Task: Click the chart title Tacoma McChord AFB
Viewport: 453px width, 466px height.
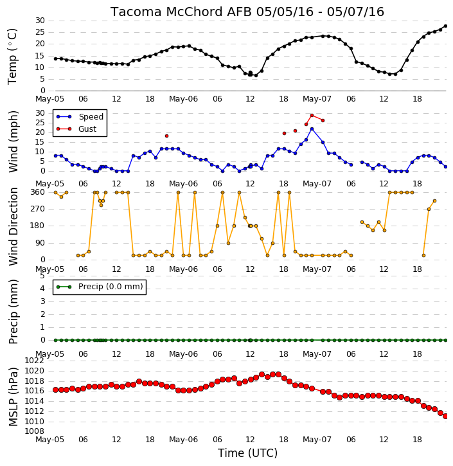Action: pyautogui.click(x=181, y=12)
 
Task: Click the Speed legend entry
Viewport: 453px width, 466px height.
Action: pyautogui.click(x=80, y=117)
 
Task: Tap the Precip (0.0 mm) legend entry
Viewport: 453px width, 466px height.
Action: pyautogui.click(x=100, y=287)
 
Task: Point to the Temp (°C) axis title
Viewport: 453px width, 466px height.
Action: pyautogui.click(x=12, y=56)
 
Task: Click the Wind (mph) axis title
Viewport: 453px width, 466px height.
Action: pyautogui.click(x=13, y=141)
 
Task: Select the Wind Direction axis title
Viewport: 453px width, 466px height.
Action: pyautogui.click(x=13, y=226)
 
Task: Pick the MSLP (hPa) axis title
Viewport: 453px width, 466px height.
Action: pyautogui.click(x=13, y=397)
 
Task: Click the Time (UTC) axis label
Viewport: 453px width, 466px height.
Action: pyautogui.click(x=247, y=453)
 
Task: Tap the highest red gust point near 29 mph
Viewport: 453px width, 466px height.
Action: pyautogui.click(x=312, y=115)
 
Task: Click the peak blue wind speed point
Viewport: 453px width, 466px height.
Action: pyautogui.click(x=312, y=129)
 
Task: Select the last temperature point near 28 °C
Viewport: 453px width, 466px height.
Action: pyautogui.click(x=445, y=26)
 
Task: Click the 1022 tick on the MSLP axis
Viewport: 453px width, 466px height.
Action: pyautogui.click(x=34, y=361)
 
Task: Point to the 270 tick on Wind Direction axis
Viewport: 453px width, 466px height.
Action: pyautogui.click(x=38, y=209)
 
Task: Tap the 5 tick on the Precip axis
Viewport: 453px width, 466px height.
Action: pyautogui.click(x=42, y=276)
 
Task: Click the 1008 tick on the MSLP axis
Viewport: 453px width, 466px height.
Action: pyautogui.click(x=34, y=431)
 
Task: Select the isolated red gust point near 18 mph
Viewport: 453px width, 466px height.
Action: pyautogui.click(x=166, y=136)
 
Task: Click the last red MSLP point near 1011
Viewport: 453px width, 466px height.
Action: pyautogui.click(x=445, y=417)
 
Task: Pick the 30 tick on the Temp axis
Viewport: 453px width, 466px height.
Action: pyautogui.click(x=40, y=21)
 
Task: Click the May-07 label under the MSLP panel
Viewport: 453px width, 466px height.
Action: pyautogui.click(x=317, y=440)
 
